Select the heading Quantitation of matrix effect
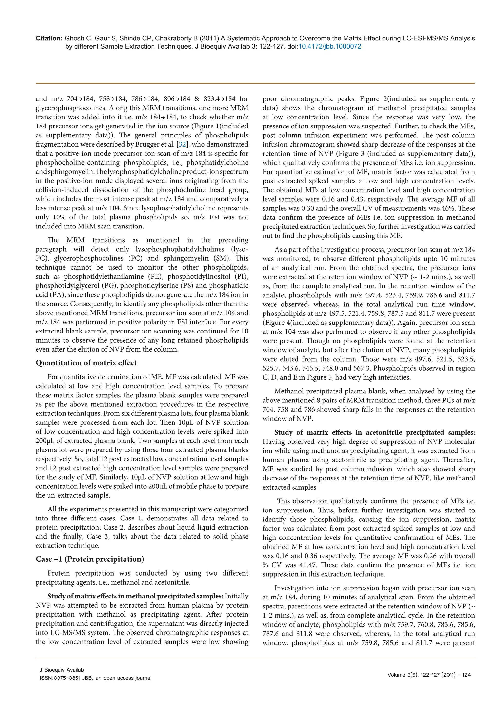point(86,363)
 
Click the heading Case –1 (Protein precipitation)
point(90,559)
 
